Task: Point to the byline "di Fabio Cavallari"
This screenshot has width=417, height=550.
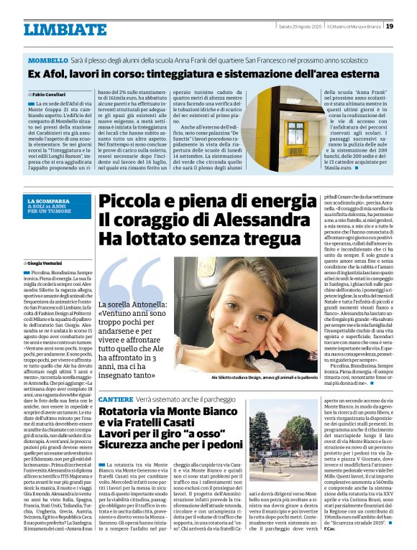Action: pyautogui.click(x=47, y=95)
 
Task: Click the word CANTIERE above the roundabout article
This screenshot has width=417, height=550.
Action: pyautogui.click(x=115, y=398)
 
